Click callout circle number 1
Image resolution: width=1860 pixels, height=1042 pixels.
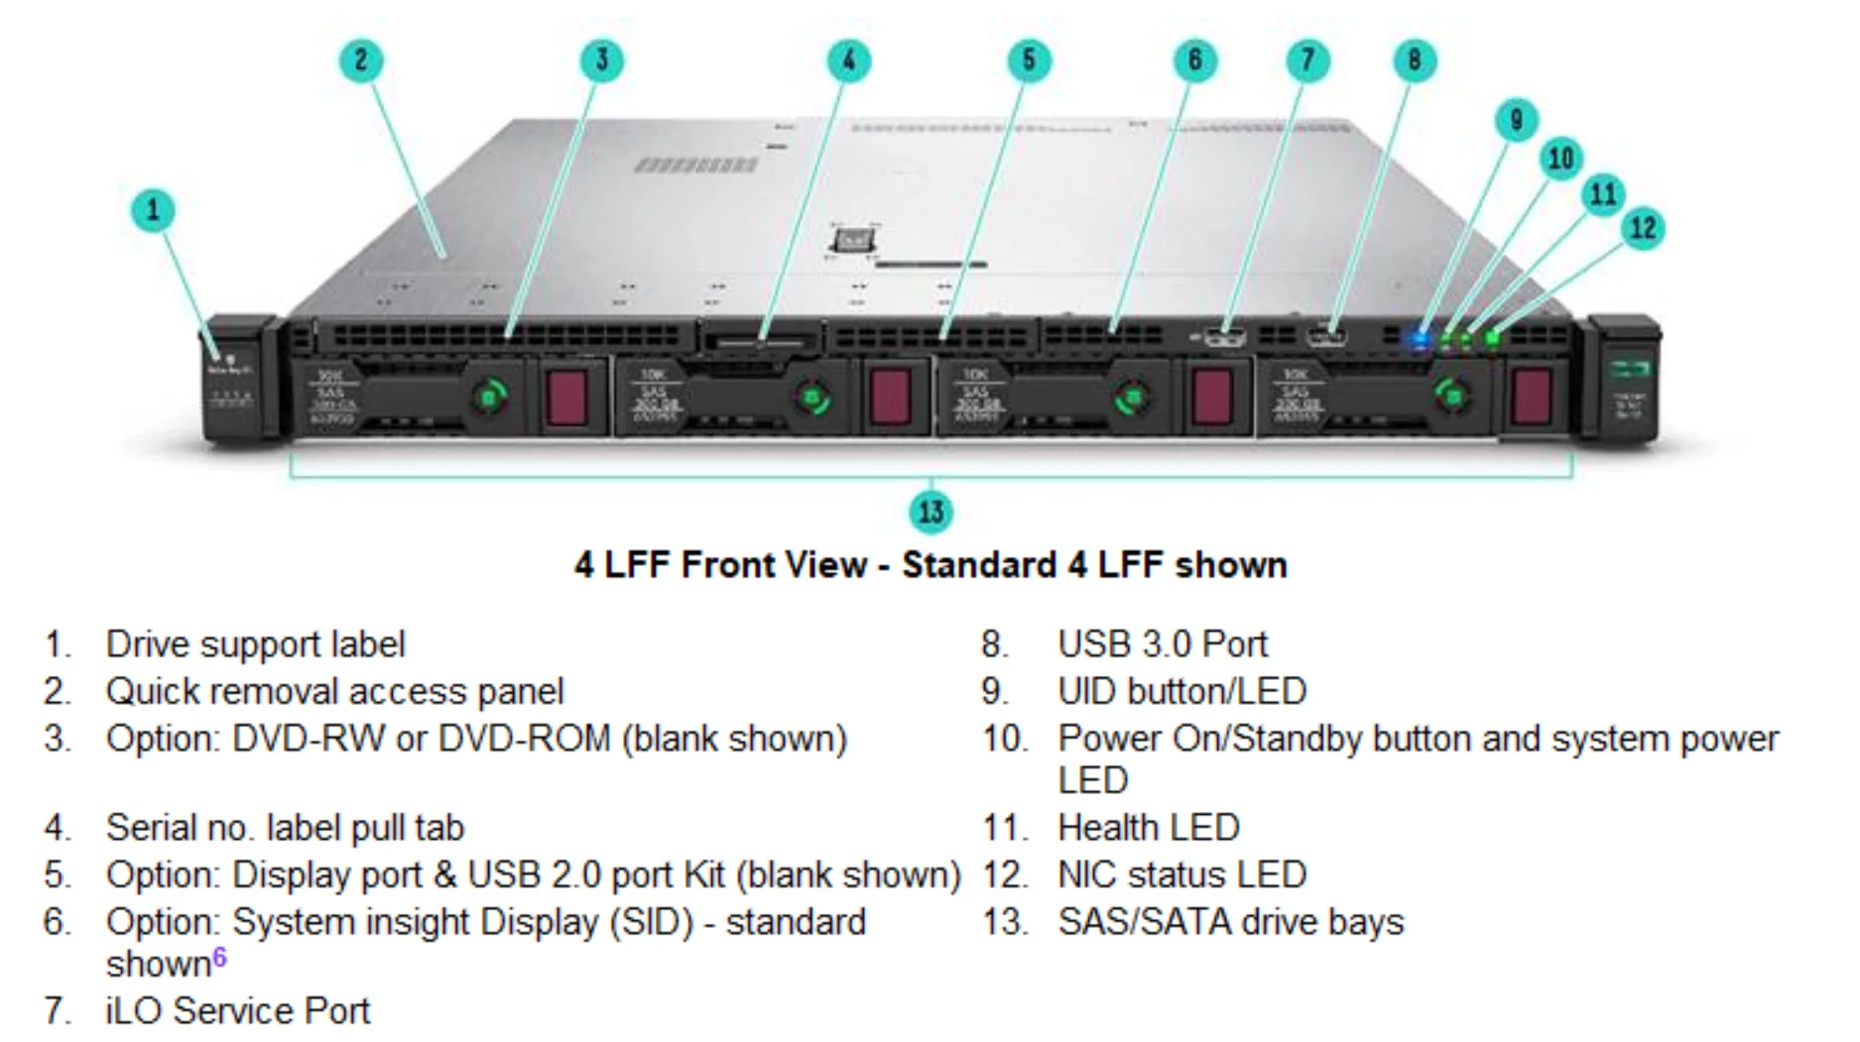pyautogui.click(x=153, y=210)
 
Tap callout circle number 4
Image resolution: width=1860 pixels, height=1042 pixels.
pyautogui.click(x=849, y=60)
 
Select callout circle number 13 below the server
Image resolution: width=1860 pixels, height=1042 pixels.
pyautogui.click(x=930, y=512)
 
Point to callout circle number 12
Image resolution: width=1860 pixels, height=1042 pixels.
pyautogui.click(x=1643, y=229)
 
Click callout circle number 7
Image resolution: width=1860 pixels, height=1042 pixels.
pyautogui.click(x=1307, y=60)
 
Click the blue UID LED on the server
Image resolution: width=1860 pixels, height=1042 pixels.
pyautogui.click(x=1420, y=339)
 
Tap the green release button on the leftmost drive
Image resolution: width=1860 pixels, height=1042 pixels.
pyautogui.click(x=488, y=398)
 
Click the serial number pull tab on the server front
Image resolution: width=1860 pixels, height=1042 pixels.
pyautogui.click(x=760, y=341)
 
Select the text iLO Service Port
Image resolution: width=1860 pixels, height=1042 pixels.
pyautogui.click(x=237, y=1011)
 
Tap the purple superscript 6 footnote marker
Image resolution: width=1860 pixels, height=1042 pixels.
pyautogui.click(x=219, y=957)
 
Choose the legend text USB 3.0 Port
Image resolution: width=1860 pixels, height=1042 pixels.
pyautogui.click(x=1163, y=644)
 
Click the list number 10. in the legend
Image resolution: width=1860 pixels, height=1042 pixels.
pyautogui.click(x=1004, y=740)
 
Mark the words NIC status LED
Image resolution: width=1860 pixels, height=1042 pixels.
pyautogui.click(x=1181, y=875)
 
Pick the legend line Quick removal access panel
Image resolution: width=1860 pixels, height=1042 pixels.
pyautogui.click(x=334, y=692)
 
